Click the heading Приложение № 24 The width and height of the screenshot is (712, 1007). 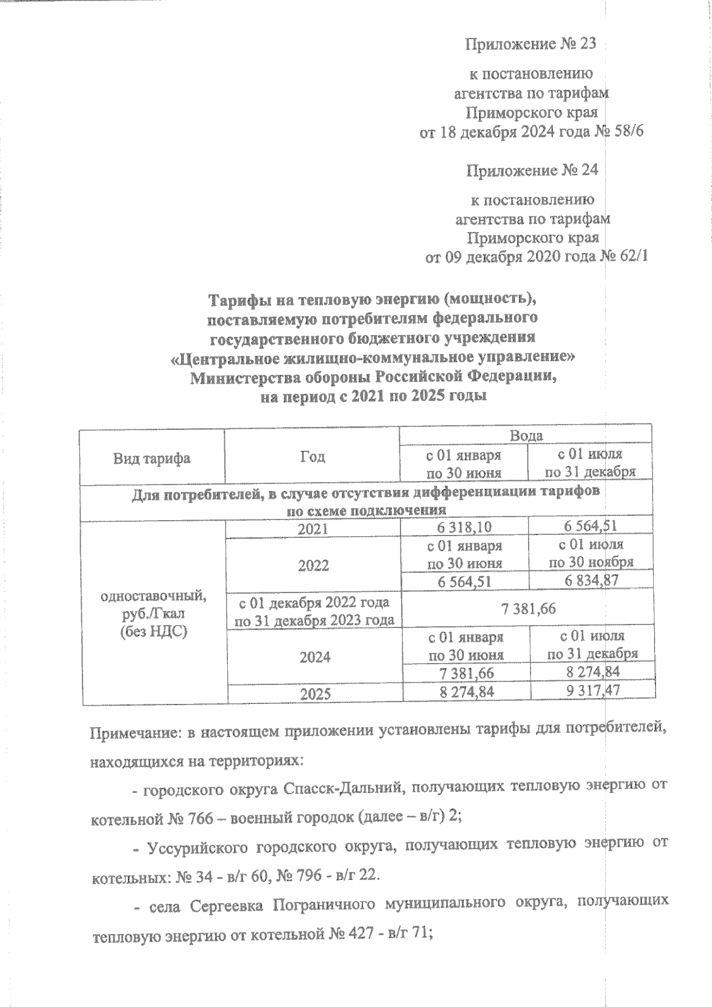click(x=532, y=171)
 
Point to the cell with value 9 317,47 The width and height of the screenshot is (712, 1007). click(x=592, y=691)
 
